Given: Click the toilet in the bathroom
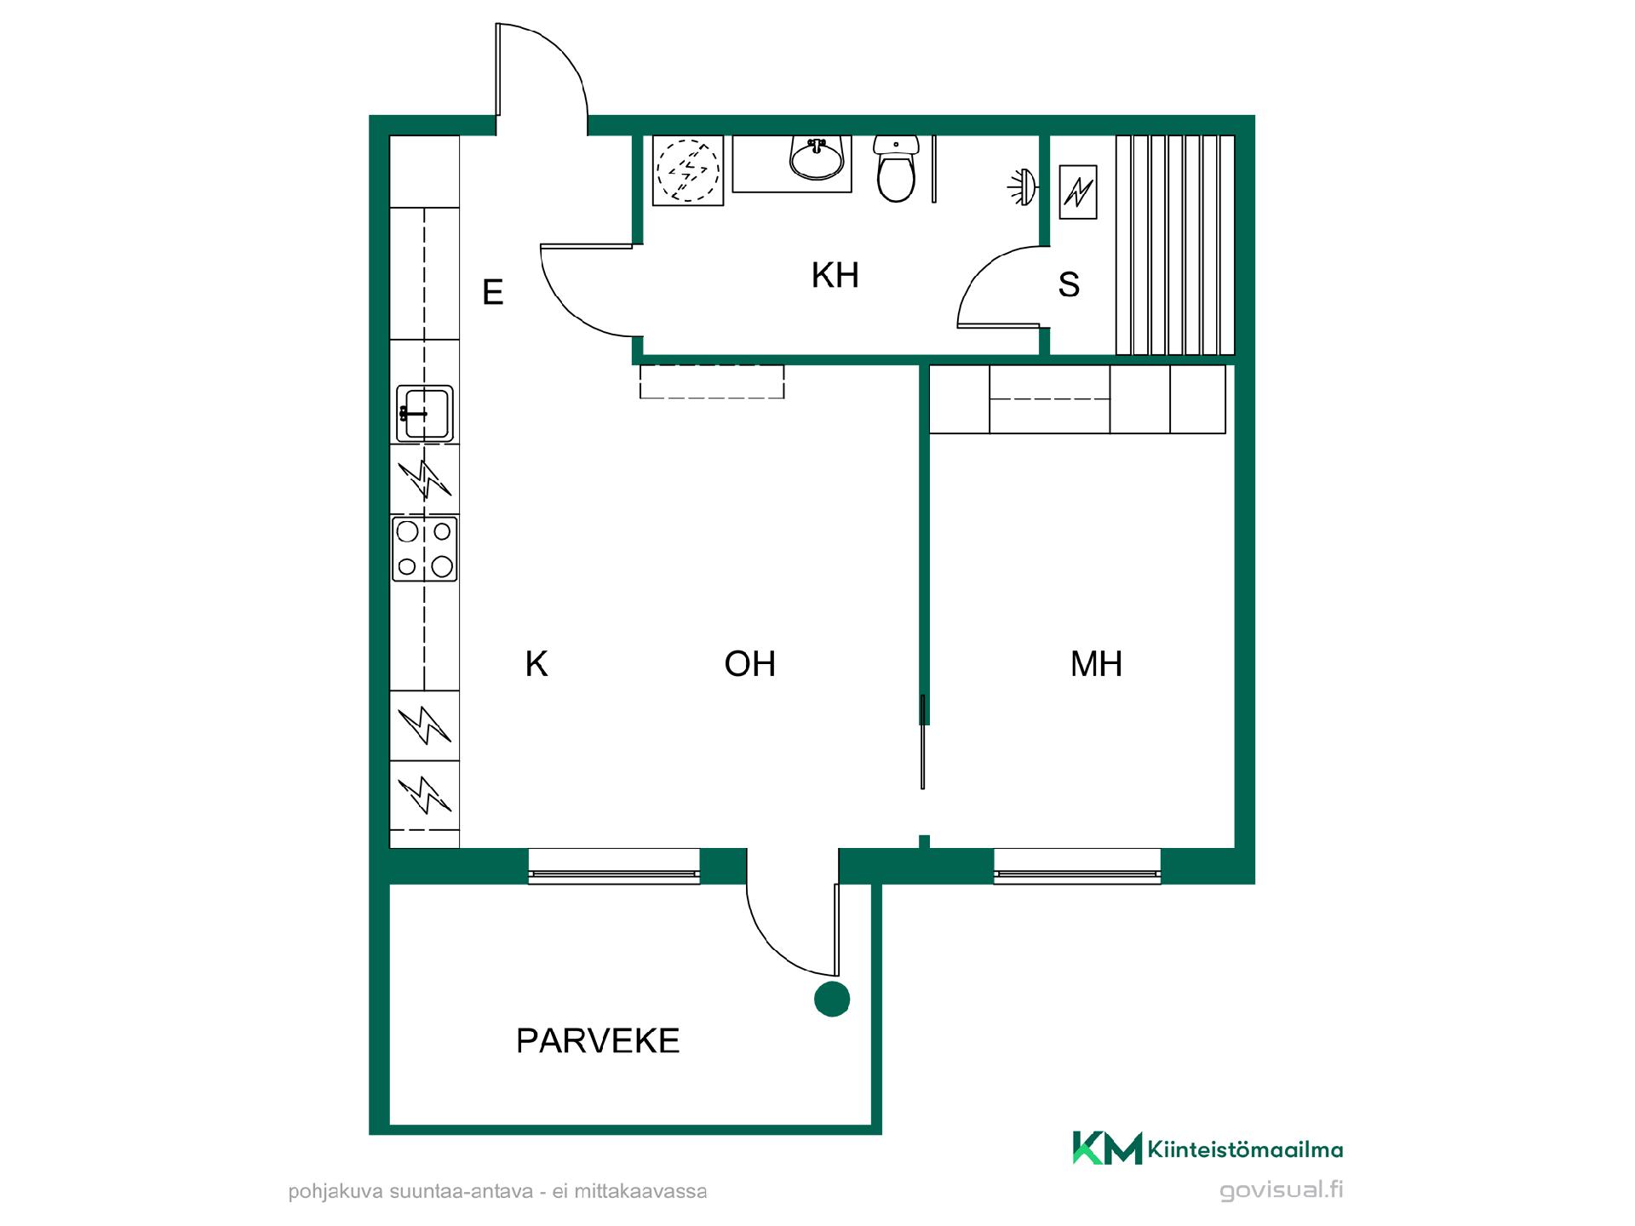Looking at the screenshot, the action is coord(896,169).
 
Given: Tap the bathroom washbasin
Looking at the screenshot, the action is coord(817,158).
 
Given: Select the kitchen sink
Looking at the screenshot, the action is coord(424,414).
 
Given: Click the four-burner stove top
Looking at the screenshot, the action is coord(424,548).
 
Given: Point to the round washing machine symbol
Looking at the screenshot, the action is coord(688,170).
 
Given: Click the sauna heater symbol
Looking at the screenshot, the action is coord(1078,192).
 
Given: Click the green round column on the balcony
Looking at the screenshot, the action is coord(832,999).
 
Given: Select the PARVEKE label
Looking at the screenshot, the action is coord(598,1040).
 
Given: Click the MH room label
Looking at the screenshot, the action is coord(1096,664).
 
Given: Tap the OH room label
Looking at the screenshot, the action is coord(750,664).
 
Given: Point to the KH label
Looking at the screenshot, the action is coord(835,276).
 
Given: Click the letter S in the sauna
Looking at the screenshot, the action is coord(1069,284).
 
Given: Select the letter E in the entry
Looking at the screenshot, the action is coord(493,292).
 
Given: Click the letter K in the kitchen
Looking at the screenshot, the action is coord(536,664).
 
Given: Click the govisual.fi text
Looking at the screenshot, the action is coord(1282,1190).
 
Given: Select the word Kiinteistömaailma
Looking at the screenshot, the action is coord(1246,1150).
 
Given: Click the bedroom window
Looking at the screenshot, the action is coord(1077,867).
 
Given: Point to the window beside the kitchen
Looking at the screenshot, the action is coord(614,867).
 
